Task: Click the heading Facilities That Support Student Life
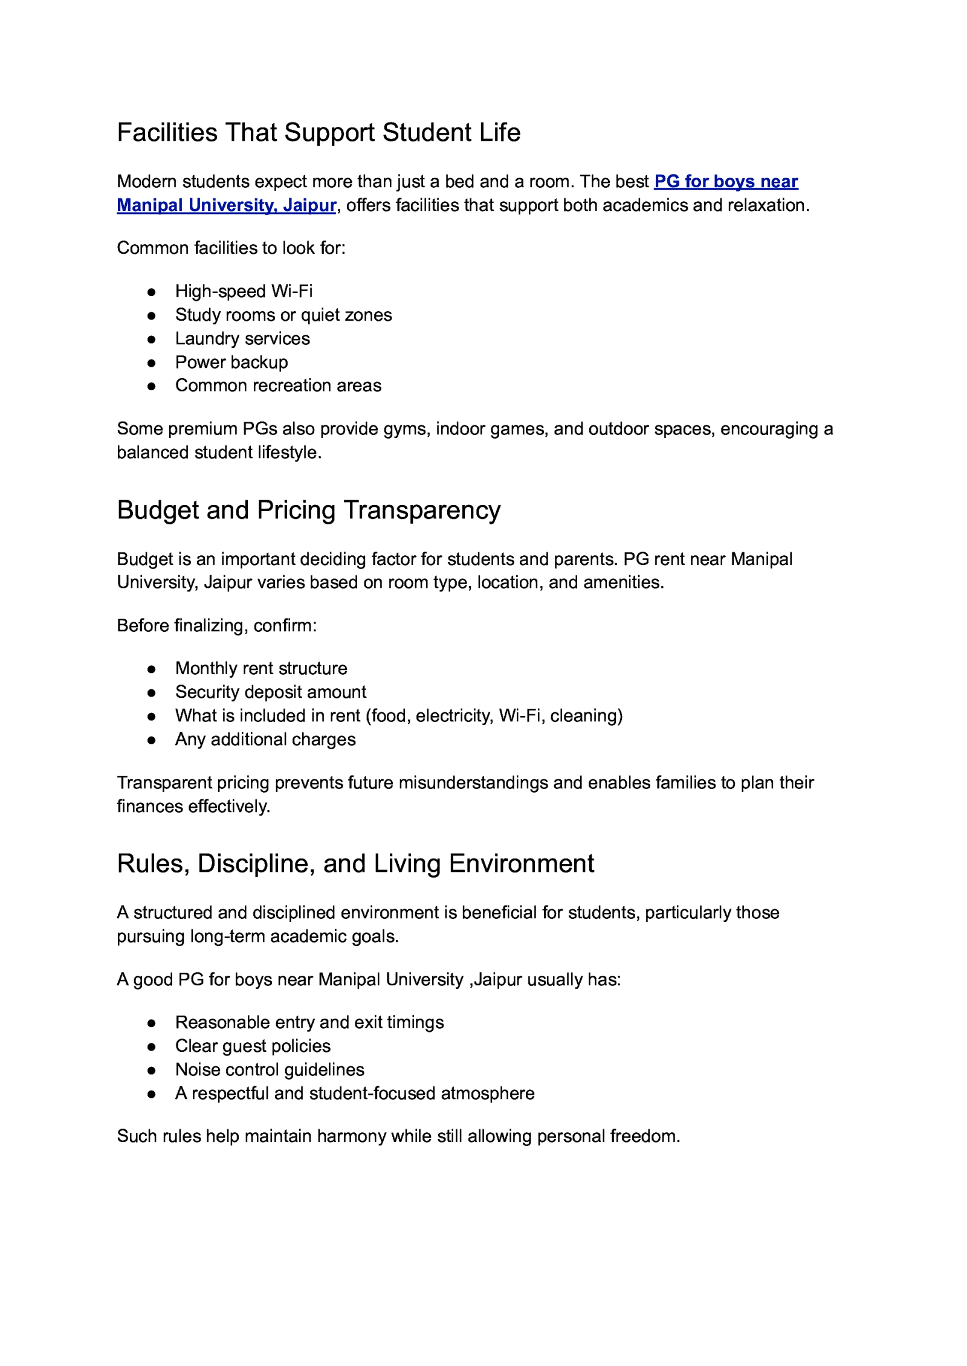click(319, 132)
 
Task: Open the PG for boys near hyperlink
click(725, 181)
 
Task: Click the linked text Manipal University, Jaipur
click(226, 205)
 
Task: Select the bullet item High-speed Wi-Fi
click(244, 291)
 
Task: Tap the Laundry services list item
click(242, 338)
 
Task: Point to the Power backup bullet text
click(231, 362)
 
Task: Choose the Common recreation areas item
click(278, 385)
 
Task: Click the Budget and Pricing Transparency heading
click(308, 510)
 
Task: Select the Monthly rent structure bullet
click(261, 668)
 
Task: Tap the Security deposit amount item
click(271, 692)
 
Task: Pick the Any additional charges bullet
click(265, 739)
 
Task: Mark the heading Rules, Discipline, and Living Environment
click(355, 863)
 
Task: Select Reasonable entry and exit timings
click(309, 1022)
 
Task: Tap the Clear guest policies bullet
click(253, 1046)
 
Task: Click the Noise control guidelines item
click(270, 1069)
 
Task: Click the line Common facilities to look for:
click(231, 248)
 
